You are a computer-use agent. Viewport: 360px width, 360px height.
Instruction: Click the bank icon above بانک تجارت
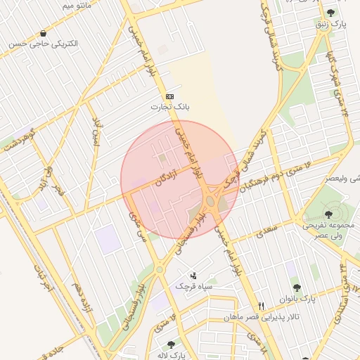click(x=169, y=96)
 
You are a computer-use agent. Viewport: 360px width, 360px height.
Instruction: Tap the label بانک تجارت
click(x=166, y=108)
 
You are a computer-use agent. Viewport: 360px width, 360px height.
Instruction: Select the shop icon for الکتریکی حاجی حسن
click(x=44, y=33)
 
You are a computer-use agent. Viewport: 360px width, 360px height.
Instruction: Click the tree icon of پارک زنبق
click(x=330, y=13)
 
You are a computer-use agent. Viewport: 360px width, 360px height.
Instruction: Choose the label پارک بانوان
click(x=306, y=299)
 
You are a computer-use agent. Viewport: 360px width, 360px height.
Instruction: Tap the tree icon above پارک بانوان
click(x=296, y=288)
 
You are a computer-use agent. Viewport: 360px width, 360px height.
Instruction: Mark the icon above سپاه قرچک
click(x=193, y=276)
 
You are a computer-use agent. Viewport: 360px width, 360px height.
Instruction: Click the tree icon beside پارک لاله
click(x=171, y=345)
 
